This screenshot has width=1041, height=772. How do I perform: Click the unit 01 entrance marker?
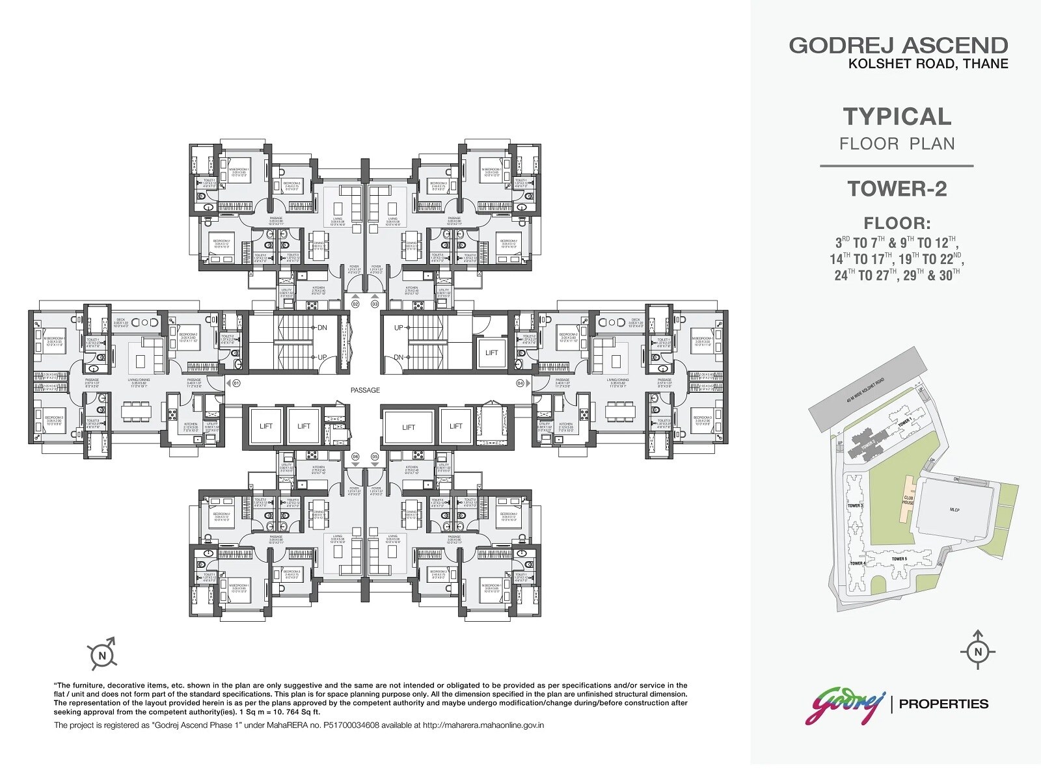coord(236,383)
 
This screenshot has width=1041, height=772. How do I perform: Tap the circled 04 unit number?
coord(520,383)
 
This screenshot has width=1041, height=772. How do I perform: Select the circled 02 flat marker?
coord(355,304)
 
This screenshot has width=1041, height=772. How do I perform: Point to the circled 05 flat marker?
coord(374,457)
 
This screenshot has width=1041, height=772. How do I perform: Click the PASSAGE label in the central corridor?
coord(364,390)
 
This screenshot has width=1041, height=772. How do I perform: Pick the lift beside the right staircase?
coord(491,353)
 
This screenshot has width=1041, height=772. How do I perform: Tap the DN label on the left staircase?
coord(322,328)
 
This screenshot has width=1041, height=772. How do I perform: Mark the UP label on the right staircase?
coord(398,328)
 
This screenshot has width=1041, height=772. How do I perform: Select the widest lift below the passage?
coord(409,427)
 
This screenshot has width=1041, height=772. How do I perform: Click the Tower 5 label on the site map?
coord(899,559)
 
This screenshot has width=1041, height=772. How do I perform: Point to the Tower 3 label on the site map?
coord(855,505)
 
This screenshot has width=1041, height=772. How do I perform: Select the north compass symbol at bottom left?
coord(102,656)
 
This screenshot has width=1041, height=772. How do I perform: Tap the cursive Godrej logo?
coord(845,705)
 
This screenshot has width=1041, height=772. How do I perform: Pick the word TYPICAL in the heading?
coord(897,116)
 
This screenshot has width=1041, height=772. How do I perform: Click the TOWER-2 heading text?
coord(897,189)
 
